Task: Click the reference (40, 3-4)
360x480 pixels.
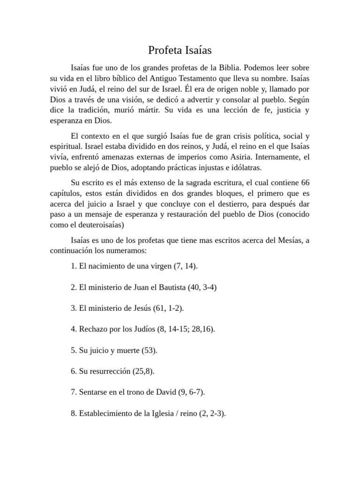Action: click(x=202, y=287)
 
